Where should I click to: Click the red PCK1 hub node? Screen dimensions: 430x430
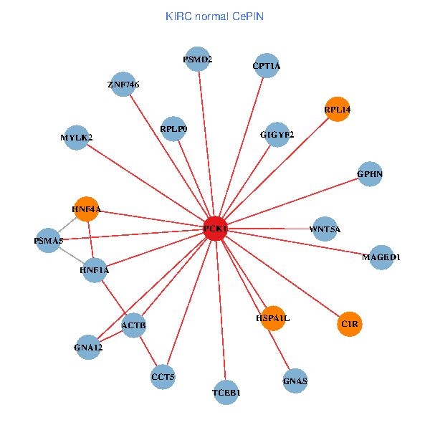point(216,229)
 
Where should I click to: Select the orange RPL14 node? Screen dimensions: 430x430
point(337,110)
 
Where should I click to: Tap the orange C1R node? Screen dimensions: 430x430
point(350,324)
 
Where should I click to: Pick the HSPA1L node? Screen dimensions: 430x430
point(273,317)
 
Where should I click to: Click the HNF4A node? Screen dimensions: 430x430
point(87,209)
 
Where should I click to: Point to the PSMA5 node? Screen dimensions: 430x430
point(49,241)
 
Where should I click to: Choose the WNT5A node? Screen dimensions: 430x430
point(325,229)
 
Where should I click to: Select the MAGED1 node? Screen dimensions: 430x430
point(381,257)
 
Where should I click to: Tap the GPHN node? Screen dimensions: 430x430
point(369,173)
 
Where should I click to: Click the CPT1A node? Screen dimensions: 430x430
point(267,67)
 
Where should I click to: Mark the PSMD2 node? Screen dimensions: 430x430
point(198,59)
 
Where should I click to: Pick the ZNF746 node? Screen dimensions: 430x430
point(123,85)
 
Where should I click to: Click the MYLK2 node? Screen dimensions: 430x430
point(77,137)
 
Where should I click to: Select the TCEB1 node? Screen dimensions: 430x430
point(226,393)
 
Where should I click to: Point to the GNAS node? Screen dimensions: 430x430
point(295,381)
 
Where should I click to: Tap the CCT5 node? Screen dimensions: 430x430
point(163,376)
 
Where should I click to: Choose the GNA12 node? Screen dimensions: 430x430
point(88,348)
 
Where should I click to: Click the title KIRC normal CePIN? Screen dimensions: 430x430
point(214,16)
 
